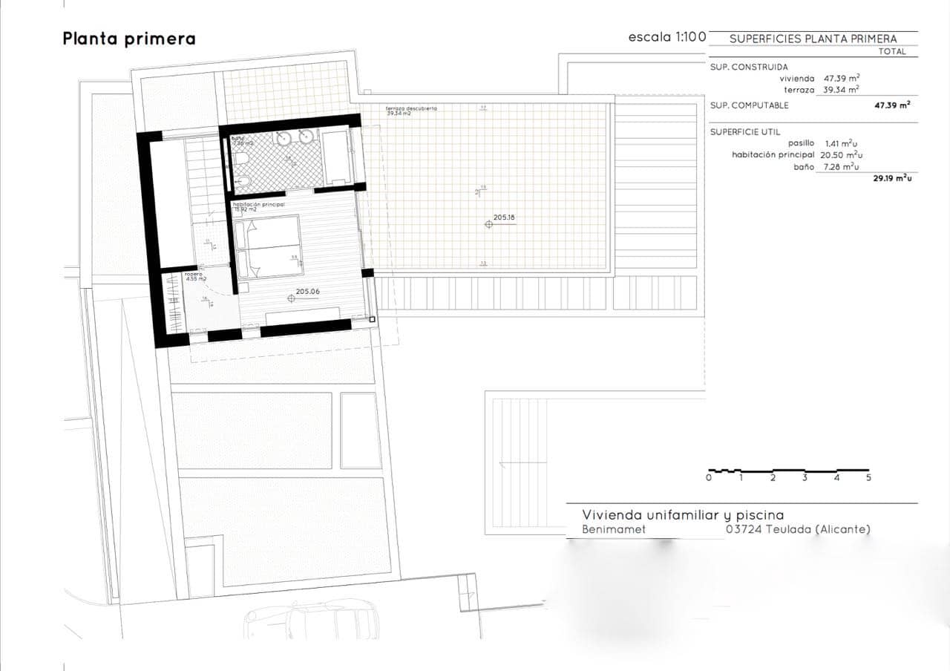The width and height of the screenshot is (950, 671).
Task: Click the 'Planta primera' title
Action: pos(129,39)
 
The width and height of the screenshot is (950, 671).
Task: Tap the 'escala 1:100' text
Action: pos(666,37)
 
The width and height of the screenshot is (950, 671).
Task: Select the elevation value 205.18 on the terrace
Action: pos(504,217)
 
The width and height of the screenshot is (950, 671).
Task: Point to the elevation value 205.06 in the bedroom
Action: pos(307,292)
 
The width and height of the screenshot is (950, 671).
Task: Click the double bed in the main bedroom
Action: pos(268,246)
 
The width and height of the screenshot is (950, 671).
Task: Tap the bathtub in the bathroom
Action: pos(337,157)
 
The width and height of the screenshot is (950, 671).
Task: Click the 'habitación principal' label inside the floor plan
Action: pos(259,203)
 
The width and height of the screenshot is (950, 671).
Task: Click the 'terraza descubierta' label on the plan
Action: pos(411,108)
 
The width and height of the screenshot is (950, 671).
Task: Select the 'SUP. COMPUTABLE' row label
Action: pos(750,105)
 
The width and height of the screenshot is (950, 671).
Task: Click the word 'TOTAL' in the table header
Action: pos(892,52)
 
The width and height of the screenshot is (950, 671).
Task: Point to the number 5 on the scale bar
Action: pos(868,478)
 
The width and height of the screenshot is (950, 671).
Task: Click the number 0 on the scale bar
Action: pos(709,478)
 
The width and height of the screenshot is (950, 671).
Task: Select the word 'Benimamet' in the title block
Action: pos(614,529)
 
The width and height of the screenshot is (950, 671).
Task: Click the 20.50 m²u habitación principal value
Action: pos(842,154)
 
